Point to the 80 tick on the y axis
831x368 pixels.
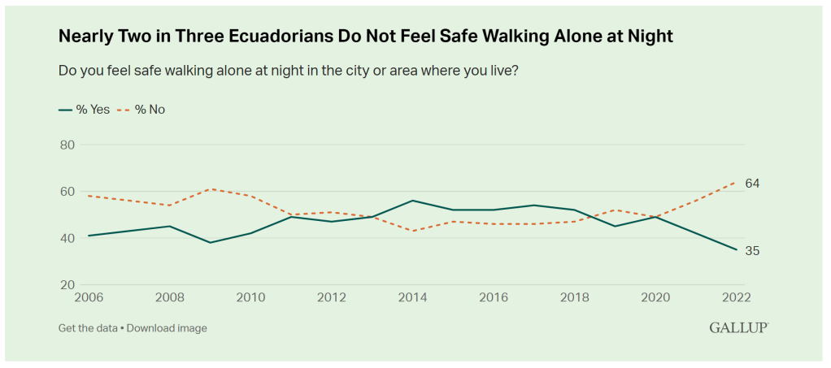click(x=67, y=145)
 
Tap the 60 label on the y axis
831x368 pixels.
click(x=67, y=192)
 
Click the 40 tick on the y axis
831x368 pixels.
click(x=67, y=239)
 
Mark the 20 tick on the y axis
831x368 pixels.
click(x=67, y=285)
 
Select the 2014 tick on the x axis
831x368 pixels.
click(x=412, y=298)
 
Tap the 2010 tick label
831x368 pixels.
click(x=251, y=298)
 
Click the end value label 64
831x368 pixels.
click(x=752, y=184)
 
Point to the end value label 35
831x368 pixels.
click(x=752, y=251)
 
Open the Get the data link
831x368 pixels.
click(x=87, y=328)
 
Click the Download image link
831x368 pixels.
click(x=168, y=328)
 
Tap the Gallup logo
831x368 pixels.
click(x=738, y=327)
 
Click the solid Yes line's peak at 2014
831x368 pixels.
click(x=413, y=201)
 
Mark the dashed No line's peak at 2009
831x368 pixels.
click(x=211, y=189)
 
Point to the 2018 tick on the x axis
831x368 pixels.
click(x=575, y=298)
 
